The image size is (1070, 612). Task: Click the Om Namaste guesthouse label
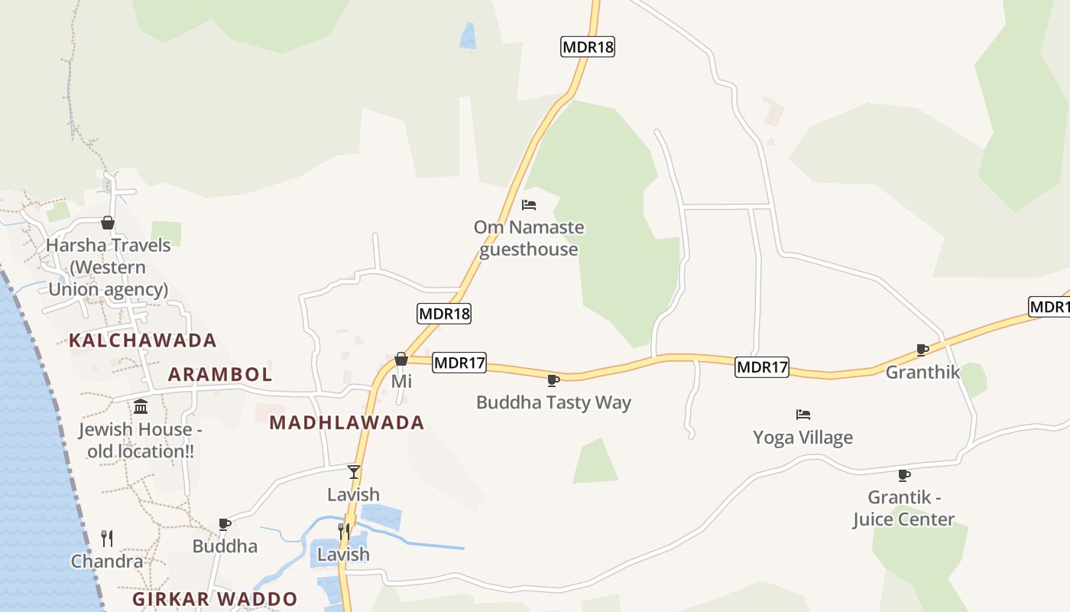click(528, 238)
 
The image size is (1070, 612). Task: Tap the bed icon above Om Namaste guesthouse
click(528, 205)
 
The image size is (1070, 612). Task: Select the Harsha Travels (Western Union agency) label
click(108, 267)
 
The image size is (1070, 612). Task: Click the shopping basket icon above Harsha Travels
click(108, 223)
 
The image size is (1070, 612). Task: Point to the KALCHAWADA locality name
click(143, 340)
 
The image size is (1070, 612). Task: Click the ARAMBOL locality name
click(220, 374)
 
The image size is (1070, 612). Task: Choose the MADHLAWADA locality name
click(347, 422)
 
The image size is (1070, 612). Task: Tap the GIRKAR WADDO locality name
click(215, 598)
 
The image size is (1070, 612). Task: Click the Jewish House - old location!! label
click(141, 440)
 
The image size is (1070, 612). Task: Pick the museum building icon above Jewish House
click(141, 406)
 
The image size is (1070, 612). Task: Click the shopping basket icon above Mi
click(401, 359)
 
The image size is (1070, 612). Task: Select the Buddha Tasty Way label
click(553, 402)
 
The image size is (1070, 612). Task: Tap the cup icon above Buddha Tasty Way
click(553, 380)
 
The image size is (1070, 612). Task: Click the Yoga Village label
click(802, 438)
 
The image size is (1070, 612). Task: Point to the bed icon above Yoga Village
click(802, 415)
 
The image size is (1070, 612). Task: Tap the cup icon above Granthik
click(922, 350)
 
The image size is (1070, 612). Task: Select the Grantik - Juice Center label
click(904, 508)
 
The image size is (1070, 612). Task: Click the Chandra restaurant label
click(107, 562)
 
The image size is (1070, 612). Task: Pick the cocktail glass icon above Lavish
click(353, 471)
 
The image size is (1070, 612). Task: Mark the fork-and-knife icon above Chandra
click(107, 539)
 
